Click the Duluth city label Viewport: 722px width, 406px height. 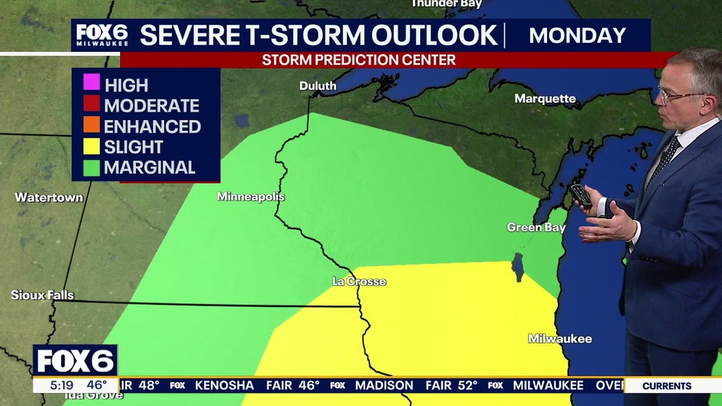(318, 87)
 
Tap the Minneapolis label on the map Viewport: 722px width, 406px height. (251, 197)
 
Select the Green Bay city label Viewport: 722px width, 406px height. (536, 227)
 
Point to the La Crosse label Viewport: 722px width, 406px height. (359, 282)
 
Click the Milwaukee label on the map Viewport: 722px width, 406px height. (560, 339)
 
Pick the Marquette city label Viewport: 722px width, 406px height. (545, 99)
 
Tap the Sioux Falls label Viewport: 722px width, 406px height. (42, 295)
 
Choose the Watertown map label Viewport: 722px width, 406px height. (40, 198)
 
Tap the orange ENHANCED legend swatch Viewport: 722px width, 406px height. (91, 126)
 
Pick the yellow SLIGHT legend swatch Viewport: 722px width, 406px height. (91, 146)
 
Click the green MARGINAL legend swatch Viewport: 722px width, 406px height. (91, 167)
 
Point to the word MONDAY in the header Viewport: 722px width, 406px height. (577, 35)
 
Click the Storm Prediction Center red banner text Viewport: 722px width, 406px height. (359, 60)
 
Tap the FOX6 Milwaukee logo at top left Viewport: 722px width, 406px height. (102, 35)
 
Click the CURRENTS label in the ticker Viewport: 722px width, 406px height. (667, 386)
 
